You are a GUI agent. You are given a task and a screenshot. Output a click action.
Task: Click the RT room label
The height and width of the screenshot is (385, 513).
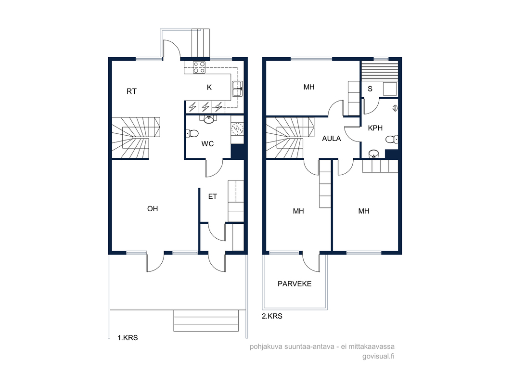(131, 91)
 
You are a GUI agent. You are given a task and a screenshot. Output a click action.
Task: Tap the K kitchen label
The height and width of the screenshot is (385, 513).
(209, 87)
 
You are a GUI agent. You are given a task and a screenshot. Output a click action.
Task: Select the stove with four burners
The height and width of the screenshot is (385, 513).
(199, 67)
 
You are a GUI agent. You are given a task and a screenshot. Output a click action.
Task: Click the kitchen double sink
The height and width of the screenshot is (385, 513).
(237, 89)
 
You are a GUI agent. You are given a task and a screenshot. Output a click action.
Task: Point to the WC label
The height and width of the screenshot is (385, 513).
(207, 143)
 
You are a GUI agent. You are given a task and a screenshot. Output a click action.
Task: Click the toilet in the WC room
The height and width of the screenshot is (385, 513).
(192, 133)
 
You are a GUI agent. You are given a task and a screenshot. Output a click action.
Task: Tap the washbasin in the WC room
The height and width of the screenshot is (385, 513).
(209, 120)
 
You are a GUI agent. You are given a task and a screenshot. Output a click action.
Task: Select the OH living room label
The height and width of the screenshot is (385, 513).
(153, 209)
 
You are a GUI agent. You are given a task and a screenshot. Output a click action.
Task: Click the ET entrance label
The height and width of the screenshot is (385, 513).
(213, 196)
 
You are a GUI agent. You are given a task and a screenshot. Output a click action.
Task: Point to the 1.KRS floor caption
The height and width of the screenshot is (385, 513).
(128, 338)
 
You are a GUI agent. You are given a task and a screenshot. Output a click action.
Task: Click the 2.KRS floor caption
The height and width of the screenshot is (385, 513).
(272, 316)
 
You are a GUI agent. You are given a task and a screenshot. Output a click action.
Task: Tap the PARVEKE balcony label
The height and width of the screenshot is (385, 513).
(295, 284)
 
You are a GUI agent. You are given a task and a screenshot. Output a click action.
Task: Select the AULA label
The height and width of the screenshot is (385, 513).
(332, 139)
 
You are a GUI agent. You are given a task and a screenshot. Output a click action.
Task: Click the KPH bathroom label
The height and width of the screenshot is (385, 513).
(375, 128)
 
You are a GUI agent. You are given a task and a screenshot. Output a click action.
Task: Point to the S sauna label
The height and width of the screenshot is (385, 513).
(370, 89)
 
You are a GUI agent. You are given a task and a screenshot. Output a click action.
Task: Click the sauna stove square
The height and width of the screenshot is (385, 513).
(390, 89)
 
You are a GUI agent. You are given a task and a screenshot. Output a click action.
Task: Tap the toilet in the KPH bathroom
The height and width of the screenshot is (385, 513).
(391, 140)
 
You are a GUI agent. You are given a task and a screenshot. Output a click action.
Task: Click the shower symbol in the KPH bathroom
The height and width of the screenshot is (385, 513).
(395, 108)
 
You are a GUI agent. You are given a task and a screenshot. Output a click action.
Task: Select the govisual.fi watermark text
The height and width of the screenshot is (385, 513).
(378, 356)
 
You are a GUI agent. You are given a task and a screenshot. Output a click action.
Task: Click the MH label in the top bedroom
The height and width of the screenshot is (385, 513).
(309, 87)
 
